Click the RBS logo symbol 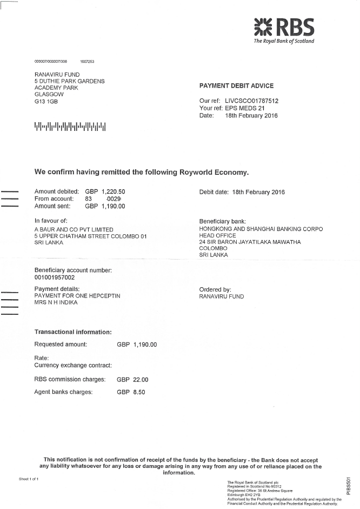pyautogui.click(x=264, y=26)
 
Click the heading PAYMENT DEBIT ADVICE pyautogui.click(x=236, y=85)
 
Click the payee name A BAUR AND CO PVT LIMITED pyautogui.click(x=74, y=229)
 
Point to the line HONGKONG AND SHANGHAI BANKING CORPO pyautogui.click(x=261, y=229)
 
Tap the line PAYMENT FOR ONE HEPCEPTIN pyautogui.click(x=77, y=296)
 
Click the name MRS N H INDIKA pyautogui.click(x=56, y=302)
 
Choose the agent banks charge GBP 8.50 pyautogui.click(x=131, y=392)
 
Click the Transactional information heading pyautogui.click(x=73, y=332)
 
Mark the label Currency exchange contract pyautogui.click(x=73, y=366)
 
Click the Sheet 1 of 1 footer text pyautogui.click(x=29, y=479)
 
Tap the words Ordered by pyautogui.click(x=215, y=289)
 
